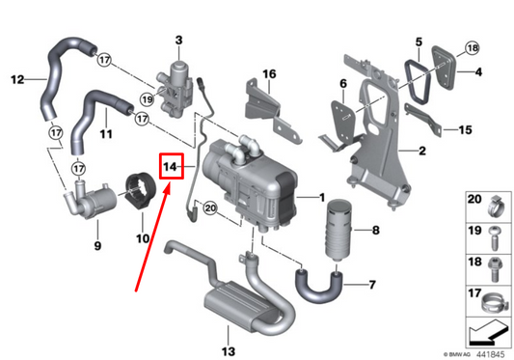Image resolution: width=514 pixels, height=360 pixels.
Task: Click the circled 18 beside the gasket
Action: [472, 48]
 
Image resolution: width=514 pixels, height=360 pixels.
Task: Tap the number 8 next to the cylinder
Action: [377, 231]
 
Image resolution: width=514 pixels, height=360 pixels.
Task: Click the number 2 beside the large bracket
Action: [420, 151]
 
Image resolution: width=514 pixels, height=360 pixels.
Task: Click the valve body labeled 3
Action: [176, 78]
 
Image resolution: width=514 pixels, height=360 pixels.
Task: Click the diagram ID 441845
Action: [487, 352]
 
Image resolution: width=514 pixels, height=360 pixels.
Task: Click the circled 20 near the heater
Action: [211, 208]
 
